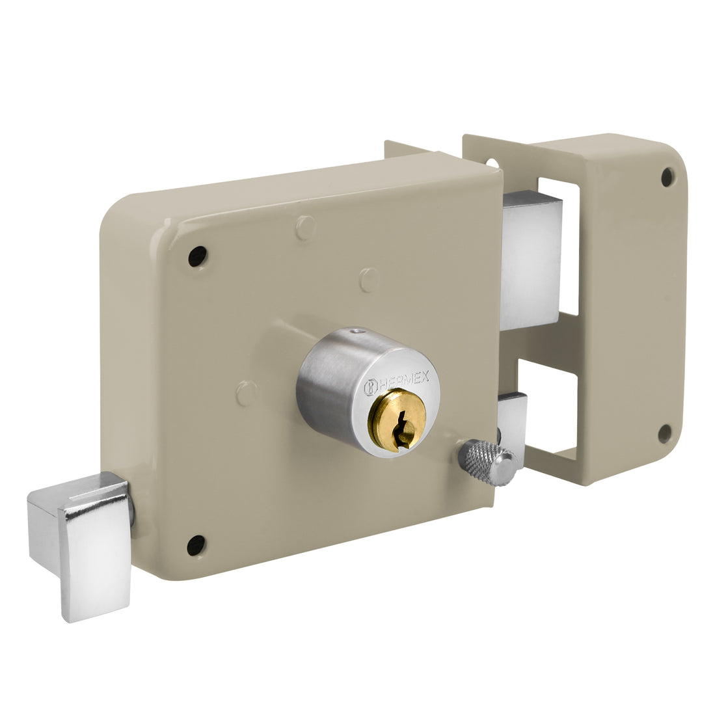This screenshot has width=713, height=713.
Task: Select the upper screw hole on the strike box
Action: tap(667, 176)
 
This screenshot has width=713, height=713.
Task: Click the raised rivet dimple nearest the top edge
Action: tap(304, 228)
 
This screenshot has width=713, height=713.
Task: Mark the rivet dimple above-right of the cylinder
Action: tap(369, 280)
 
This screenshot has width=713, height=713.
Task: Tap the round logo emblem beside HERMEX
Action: tap(370, 385)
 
